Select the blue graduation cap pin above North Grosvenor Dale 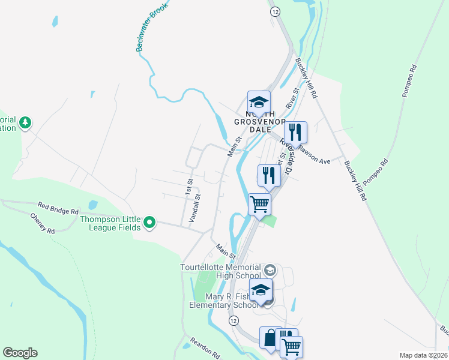[x=259, y=102]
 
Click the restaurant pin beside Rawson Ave [x=295, y=133]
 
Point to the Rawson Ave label [x=315, y=156]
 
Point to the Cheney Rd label [x=42, y=223]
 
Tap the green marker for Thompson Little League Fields [x=149, y=224]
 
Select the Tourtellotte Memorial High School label [x=220, y=271]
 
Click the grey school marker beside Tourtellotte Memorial [x=270, y=269]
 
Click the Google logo [x=20, y=353]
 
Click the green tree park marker [x=25, y=123]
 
